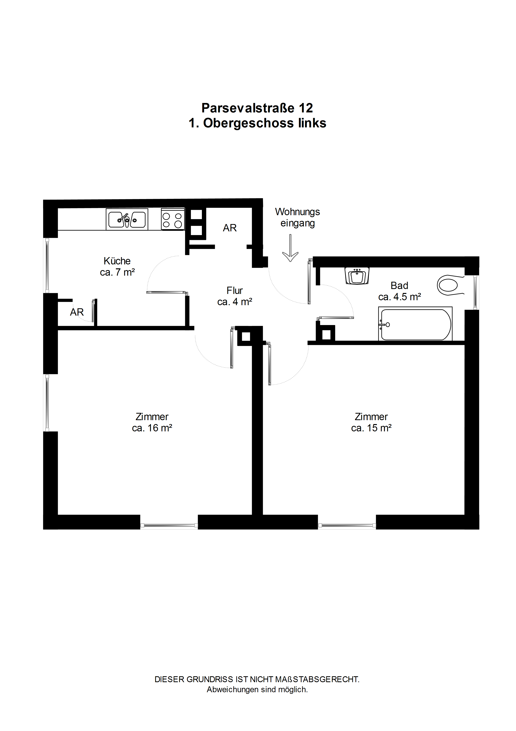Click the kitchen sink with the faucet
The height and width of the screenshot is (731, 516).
(127, 219)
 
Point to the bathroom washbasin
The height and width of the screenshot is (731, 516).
(357, 276)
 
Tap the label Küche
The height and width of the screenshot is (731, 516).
(117, 261)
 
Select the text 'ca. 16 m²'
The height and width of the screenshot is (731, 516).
(152, 428)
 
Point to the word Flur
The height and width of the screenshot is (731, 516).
(235, 290)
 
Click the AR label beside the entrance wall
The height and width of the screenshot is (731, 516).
(230, 228)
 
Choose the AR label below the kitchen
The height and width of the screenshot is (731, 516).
(77, 312)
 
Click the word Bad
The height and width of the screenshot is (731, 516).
(399, 286)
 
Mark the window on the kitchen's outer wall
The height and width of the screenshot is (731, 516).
(47, 265)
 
